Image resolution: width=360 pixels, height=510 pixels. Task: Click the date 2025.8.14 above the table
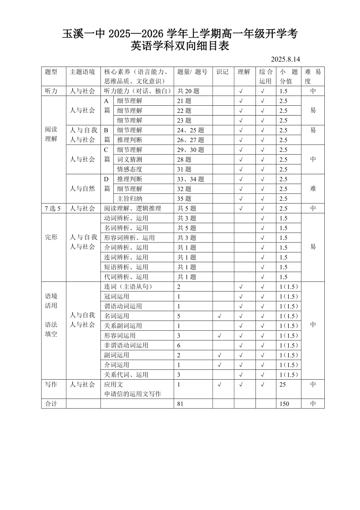[x=285, y=59]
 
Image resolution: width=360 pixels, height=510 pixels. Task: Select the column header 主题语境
[x=82, y=72]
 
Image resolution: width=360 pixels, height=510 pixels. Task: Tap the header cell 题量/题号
[x=192, y=72]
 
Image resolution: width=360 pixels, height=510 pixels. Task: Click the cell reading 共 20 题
[x=188, y=91]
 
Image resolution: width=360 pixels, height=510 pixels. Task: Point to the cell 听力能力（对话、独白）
[x=137, y=91]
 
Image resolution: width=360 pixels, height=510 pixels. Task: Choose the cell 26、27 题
[x=190, y=140]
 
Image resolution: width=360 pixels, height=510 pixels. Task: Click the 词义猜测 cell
[x=130, y=160]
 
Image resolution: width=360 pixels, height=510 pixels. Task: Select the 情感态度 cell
[x=130, y=169]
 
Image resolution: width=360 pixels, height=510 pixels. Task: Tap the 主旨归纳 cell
[x=130, y=199]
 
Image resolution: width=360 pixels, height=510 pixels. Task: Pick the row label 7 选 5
[x=53, y=208]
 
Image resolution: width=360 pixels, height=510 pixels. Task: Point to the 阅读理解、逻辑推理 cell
[x=133, y=208]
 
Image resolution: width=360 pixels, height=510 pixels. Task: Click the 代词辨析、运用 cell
[x=126, y=277]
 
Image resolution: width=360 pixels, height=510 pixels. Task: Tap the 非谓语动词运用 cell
[x=126, y=345]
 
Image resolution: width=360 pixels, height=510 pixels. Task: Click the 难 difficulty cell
[x=313, y=189]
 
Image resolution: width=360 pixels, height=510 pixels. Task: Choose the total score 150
[x=284, y=404]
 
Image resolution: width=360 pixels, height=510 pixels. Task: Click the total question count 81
[x=180, y=404]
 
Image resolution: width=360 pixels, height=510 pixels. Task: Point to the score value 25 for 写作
[x=283, y=385]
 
